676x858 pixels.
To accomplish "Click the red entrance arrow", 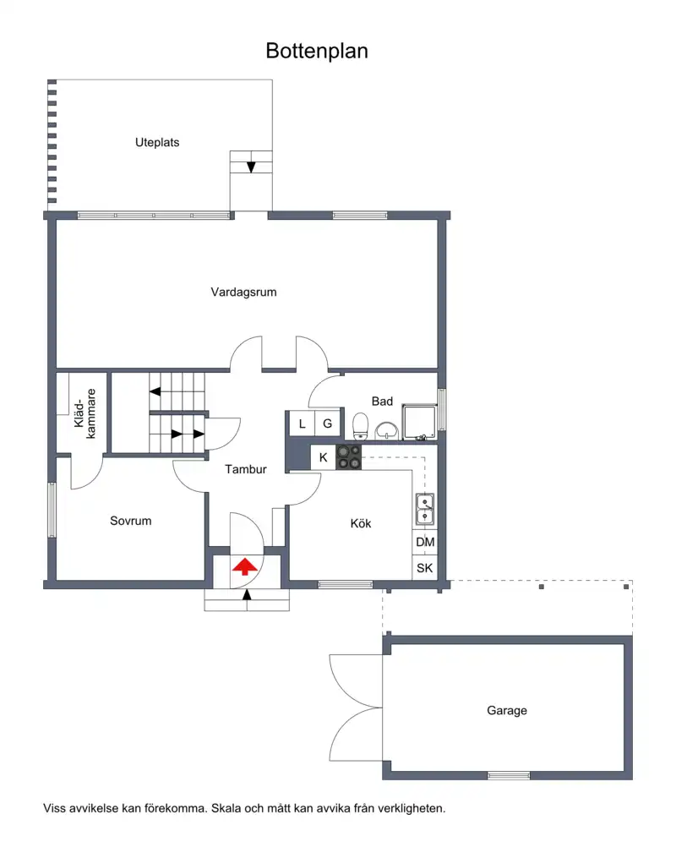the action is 244,566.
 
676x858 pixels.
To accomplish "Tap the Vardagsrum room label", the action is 243,292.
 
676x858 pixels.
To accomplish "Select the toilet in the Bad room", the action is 360,426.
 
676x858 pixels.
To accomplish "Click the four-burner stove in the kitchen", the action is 348,457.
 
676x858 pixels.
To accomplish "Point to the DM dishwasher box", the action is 425,542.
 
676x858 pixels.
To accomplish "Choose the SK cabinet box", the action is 425,568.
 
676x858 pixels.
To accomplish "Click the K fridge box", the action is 324,457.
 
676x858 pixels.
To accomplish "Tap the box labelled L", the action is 302,424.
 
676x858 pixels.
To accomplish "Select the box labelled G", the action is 327,424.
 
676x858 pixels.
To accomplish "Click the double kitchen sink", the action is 425,510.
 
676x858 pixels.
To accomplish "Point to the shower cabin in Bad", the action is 419,422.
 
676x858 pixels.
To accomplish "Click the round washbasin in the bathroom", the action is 387,430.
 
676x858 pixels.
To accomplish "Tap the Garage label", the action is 507,710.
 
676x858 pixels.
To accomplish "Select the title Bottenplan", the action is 317,51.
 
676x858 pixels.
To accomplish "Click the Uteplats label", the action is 157,142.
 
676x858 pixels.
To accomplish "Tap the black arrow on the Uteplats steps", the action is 251,167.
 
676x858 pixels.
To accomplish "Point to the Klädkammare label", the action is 84,413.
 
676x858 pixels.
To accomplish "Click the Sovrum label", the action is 131,521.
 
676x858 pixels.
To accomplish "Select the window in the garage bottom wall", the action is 509,775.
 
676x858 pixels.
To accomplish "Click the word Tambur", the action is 246,469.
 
